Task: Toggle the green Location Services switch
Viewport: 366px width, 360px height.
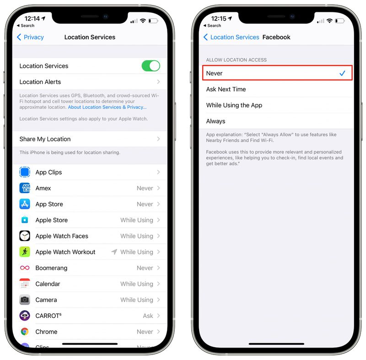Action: click(151, 66)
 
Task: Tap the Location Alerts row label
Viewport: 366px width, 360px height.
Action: click(40, 82)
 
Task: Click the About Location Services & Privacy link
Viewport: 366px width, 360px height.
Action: click(107, 107)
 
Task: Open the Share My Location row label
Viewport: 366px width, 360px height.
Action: click(45, 139)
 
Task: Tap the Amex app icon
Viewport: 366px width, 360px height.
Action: click(25, 188)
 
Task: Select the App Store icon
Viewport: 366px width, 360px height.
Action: click(25, 204)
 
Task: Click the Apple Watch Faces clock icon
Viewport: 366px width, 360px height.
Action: click(25, 236)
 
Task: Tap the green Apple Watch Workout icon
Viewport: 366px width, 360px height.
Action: click(25, 252)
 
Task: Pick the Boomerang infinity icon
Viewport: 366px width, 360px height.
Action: click(25, 268)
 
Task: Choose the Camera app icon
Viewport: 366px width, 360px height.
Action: click(25, 300)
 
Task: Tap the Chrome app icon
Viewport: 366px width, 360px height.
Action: click(25, 332)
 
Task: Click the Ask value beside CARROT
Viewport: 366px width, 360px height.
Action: click(148, 316)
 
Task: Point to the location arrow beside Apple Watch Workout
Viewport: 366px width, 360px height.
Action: click(114, 252)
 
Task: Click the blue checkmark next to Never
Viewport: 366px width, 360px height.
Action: click(342, 73)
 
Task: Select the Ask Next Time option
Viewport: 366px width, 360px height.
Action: click(226, 89)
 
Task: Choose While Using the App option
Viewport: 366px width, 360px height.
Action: click(234, 105)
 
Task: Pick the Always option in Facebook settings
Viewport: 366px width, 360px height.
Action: click(215, 121)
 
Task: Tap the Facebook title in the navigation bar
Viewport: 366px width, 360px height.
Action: click(276, 37)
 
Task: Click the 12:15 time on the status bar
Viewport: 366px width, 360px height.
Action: click(216, 19)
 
